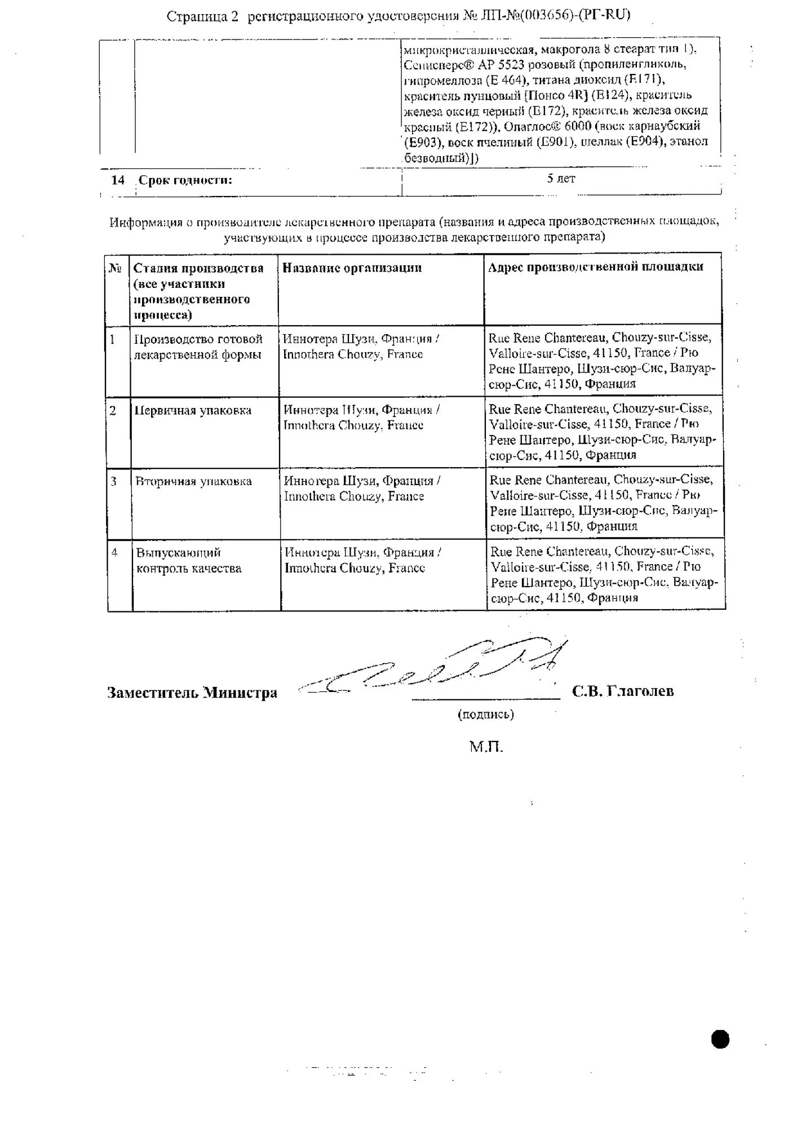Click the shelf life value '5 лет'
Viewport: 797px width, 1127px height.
click(x=561, y=179)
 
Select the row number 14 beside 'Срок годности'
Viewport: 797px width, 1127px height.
click(x=118, y=180)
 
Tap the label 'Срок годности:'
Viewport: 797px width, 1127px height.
click(x=185, y=180)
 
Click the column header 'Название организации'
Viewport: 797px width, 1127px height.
click(x=352, y=268)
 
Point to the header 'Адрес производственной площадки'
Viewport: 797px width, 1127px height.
click(x=595, y=267)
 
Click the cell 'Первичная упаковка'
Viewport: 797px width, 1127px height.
click(x=193, y=411)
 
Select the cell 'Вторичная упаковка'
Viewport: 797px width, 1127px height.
click(x=193, y=482)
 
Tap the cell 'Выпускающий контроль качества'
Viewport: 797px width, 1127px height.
click(x=189, y=561)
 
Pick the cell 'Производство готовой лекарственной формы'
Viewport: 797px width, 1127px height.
click(x=198, y=347)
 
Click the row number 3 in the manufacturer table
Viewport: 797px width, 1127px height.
click(x=114, y=482)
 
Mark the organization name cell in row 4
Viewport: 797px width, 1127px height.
click(x=362, y=561)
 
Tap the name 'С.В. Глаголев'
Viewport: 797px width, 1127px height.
click(x=623, y=691)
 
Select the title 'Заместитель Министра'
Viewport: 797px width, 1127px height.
click(x=192, y=693)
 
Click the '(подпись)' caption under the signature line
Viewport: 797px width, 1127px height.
click(x=485, y=715)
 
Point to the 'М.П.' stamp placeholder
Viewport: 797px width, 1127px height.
click(x=485, y=747)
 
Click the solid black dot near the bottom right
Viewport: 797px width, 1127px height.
click(x=720, y=1039)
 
